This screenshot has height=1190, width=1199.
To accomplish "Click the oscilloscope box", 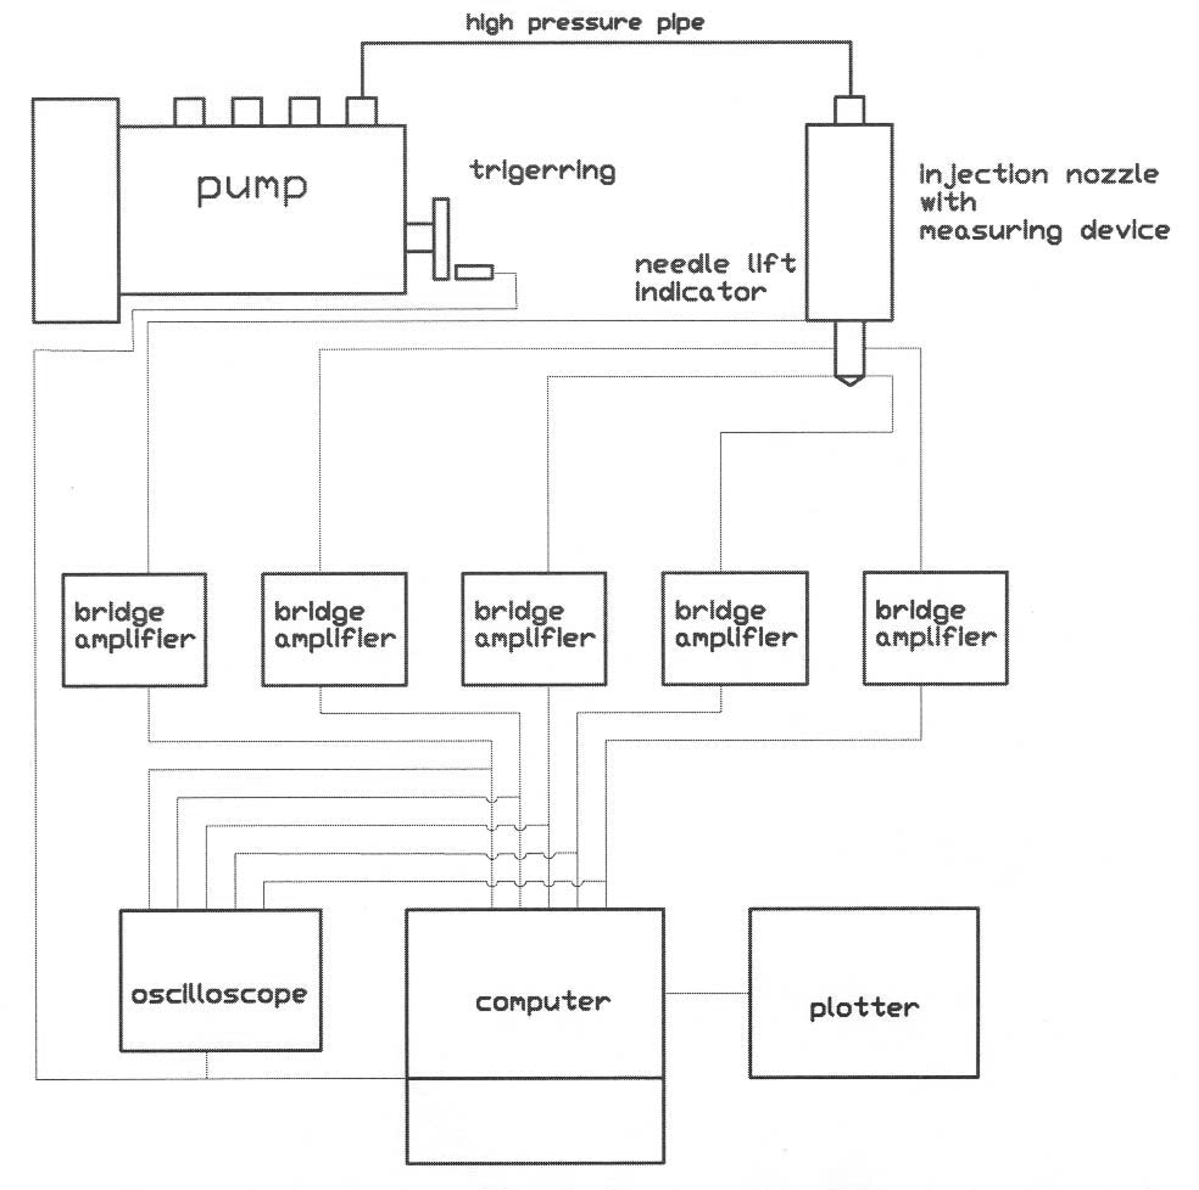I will pyautogui.click(x=220, y=980).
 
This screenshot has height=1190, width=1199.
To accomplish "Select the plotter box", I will pyautogui.click(x=863, y=993).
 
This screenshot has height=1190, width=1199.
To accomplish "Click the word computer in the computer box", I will pyautogui.click(x=543, y=1002).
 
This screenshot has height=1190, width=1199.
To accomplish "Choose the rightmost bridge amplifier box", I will pyautogui.click(x=935, y=628).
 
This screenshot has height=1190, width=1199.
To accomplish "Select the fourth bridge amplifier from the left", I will pyautogui.click(x=735, y=628).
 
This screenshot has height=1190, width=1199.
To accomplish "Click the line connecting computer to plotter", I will pyautogui.click(x=706, y=993).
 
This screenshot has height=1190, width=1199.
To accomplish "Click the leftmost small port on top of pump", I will pyautogui.click(x=189, y=112).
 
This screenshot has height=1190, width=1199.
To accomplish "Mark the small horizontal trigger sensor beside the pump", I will pyautogui.click(x=474, y=272).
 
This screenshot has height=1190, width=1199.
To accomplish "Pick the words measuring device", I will pyautogui.click(x=1044, y=231).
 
